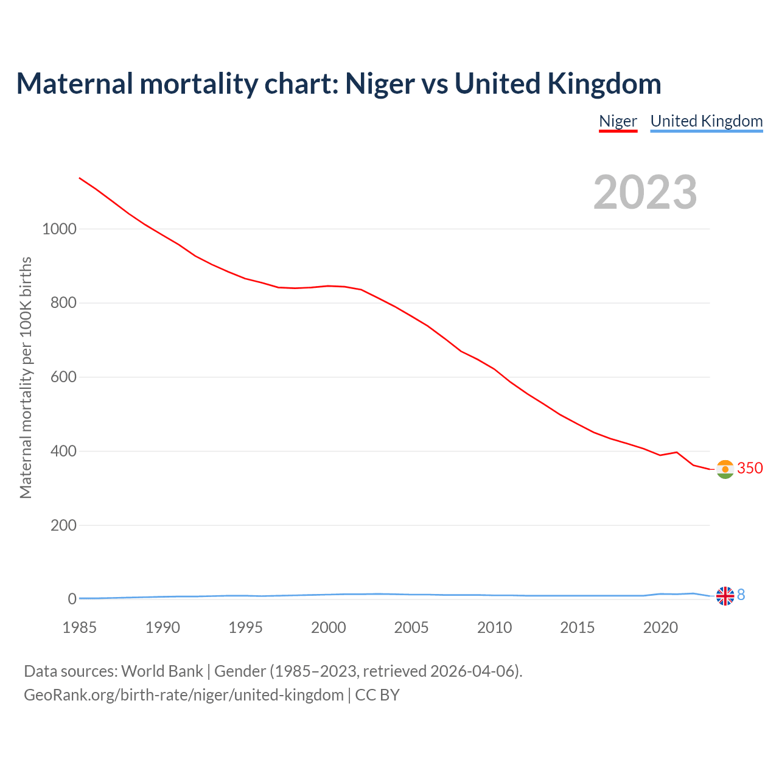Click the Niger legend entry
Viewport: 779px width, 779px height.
pos(618,121)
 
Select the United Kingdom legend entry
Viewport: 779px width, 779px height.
pos(706,121)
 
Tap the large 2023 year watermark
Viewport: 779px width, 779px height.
pos(645,192)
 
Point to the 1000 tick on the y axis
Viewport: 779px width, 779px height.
pos(59,229)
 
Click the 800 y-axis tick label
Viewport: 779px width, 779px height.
pos(63,303)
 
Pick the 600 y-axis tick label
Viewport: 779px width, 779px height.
pos(63,377)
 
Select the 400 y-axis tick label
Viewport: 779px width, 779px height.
pos(63,452)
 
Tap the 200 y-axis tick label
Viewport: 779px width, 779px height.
pos(63,525)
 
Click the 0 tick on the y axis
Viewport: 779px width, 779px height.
pos(72,599)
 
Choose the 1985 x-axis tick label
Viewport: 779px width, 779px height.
pos(80,627)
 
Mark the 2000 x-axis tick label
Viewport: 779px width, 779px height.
pos(329,627)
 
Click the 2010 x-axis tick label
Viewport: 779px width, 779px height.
pos(494,627)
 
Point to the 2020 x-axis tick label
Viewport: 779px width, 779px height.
pos(660,627)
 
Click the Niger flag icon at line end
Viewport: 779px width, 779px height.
pos(725,469)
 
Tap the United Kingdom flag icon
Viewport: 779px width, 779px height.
pos(725,596)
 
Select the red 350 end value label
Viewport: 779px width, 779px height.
pos(750,468)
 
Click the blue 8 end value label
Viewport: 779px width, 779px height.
pos(741,595)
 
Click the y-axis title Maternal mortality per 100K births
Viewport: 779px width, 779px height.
pos(26,377)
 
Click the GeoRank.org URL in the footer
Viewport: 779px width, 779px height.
pos(183,695)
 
